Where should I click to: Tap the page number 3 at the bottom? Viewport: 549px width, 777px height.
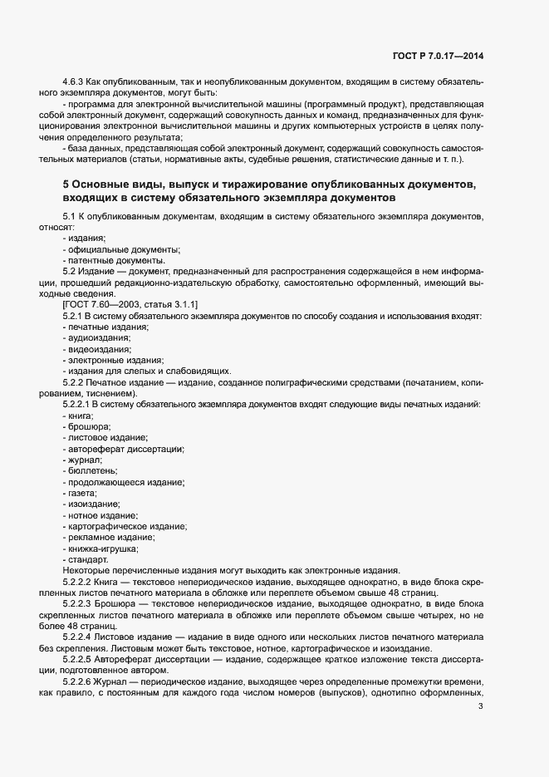pyautogui.click(x=480, y=707)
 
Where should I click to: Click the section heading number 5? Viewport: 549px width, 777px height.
pyautogui.click(x=66, y=183)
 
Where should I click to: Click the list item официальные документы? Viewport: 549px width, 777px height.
pyautogui.click(x=123, y=249)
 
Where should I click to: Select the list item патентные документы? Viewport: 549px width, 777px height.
pyautogui.click(x=118, y=260)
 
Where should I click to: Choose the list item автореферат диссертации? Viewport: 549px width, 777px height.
pyautogui.click(x=125, y=449)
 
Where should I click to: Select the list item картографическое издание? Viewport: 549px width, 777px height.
pyautogui.click(x=127, y=527)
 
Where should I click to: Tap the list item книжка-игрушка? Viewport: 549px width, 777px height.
pyautogui.click(x=103, y=548)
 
